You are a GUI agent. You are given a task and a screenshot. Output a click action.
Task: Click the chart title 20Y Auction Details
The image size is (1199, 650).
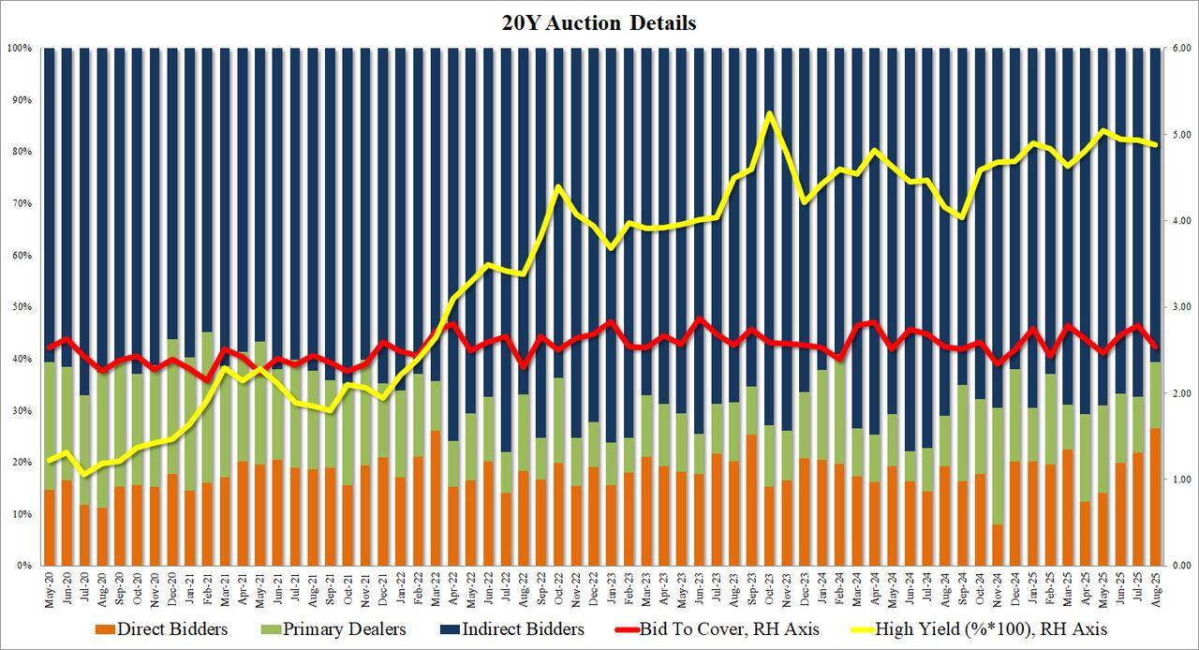point(599,23)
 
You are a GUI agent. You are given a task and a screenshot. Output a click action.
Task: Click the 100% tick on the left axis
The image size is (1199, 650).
point(20,48)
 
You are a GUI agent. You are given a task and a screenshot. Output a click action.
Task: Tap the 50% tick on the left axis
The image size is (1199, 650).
point(22,307)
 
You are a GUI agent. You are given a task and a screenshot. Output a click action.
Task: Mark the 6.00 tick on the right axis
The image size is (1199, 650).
point(1177,48)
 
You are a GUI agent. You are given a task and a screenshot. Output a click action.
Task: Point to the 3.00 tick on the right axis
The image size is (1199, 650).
point(1177,307)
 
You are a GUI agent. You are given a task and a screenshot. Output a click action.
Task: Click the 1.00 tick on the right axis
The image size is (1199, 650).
point(1177,480)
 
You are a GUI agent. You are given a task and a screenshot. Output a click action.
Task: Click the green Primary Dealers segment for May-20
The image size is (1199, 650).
point(50,426)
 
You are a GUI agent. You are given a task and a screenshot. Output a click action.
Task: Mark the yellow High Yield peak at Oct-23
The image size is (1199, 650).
point(769,114)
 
